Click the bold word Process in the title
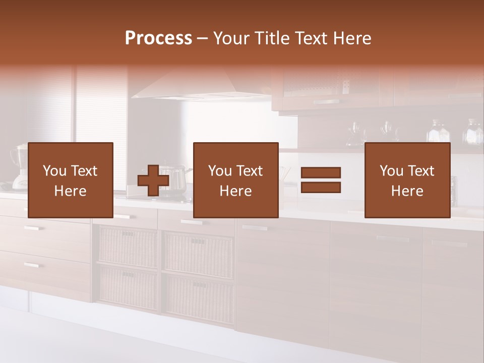click(x=158, y=38)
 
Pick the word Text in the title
click(x=310, y=38)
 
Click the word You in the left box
click(x=54, y=171)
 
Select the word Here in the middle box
click(x=235, y=191)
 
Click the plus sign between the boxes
click(x=153, y=180)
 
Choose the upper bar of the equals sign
click(x=321, y=173)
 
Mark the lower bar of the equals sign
click(x=321, y=188)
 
